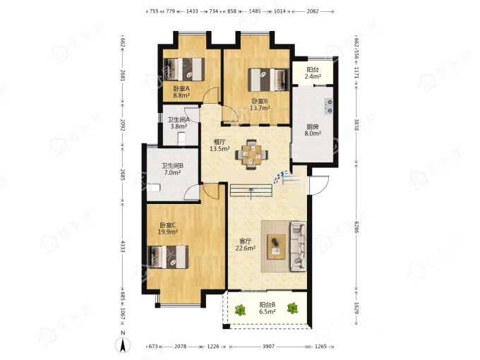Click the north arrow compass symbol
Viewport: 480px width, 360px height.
123,345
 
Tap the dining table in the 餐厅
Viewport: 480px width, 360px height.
251,155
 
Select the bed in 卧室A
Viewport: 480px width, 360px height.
184,69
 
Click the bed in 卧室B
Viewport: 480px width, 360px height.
268,80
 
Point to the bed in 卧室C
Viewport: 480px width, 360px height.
168,257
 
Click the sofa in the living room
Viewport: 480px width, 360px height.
298,246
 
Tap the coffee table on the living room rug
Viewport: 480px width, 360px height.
277,247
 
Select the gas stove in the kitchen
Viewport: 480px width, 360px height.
329,106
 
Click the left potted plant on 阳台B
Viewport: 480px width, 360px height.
240,310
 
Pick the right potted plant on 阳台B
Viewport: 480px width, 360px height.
292,308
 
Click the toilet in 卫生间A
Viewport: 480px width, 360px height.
181,138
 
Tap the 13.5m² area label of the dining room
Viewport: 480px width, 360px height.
220,149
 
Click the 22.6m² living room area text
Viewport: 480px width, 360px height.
246,248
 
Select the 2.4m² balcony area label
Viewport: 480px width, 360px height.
313,76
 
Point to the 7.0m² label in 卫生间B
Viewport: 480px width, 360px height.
172,173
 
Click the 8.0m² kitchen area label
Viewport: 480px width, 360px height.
313,133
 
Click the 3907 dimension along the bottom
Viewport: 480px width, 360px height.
268,347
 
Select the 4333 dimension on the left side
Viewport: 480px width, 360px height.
122,246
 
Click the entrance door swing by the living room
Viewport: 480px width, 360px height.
318,185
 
